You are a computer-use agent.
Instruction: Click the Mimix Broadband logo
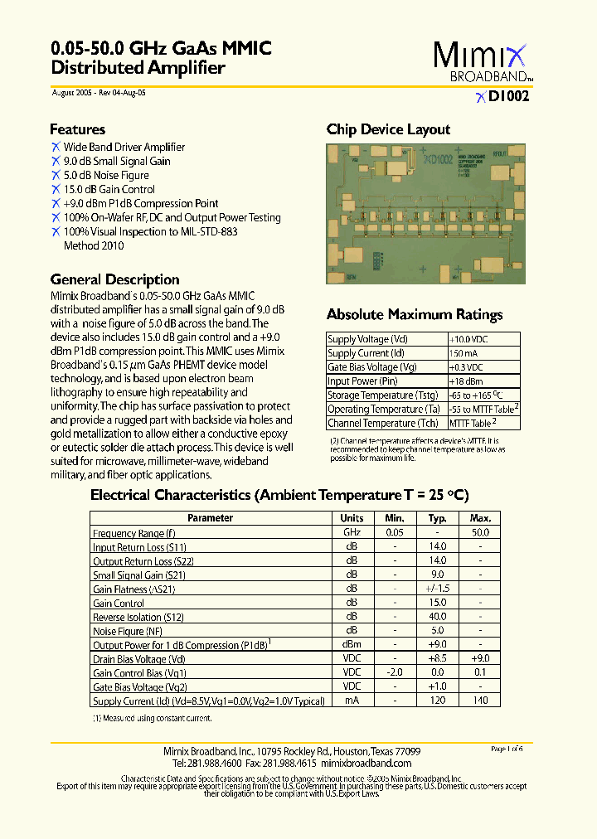pyautogui.click(x=480, y=62)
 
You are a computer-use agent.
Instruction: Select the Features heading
pyautogui.click(x=77, y=129)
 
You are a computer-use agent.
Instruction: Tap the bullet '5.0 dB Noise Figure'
pyautogui.click(x=106, y=175)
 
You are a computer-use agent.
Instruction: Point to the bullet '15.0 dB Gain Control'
pyautogui.click(x=109, y=189)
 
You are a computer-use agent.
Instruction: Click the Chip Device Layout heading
pyautogui.click(x=388, y=129)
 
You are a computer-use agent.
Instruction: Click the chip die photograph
pyautogui.click(x=425, y=214)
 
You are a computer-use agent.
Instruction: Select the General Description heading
pyautogui.click(x=114, y=279)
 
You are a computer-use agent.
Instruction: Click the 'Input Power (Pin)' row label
pyautogui.click(x=362, y=381)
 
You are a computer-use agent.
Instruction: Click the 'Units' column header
pyautogui.click(x=352, y=518)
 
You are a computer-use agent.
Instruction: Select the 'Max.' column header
pyautogui.click(x=480, y=518)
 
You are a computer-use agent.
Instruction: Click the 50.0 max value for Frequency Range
pyautogui.click(x=480, y=533)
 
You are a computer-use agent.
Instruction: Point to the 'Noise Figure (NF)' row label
pyautogui.click(x=128, y=632)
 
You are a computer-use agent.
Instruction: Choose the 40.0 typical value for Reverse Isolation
pyautogui.click(x=437, y=618)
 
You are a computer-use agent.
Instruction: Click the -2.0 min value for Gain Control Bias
pyautogui.click(x=395, y=673)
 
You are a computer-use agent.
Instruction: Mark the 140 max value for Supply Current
pyautogui.click(x=480, y=701)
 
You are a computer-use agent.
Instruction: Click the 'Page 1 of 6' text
pyautogui.click(x=507, y=749)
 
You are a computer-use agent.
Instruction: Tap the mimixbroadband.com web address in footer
pyautogui.click(x=366, y=763)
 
